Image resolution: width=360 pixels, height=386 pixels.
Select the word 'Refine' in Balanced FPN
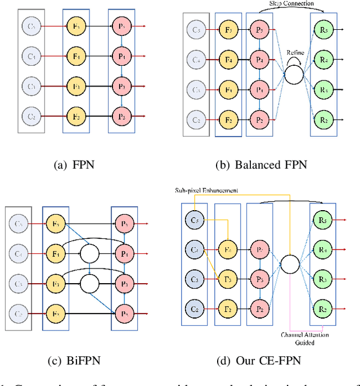(x=295, y=52)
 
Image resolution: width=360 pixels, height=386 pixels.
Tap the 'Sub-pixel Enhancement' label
(x=205, y=190)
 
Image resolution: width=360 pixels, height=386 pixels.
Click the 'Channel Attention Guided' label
(x=304, y=339)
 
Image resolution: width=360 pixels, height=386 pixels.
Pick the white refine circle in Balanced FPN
(x=295, y=72)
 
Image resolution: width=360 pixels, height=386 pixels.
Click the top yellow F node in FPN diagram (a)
(x=74, y=26)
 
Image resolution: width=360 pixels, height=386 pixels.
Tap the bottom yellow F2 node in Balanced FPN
(x=228, y=120)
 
